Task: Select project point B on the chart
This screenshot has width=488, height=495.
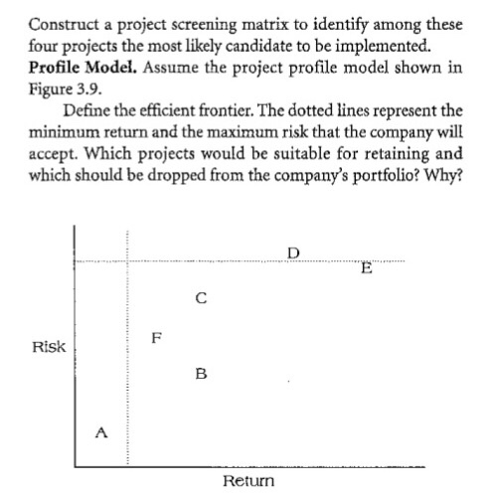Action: (x=201, y=374)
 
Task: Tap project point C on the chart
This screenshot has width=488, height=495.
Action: (x=201, y=295)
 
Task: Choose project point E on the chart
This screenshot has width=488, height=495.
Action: (x=367, y=266)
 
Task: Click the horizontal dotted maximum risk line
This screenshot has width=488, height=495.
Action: (x=248, y=261)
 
